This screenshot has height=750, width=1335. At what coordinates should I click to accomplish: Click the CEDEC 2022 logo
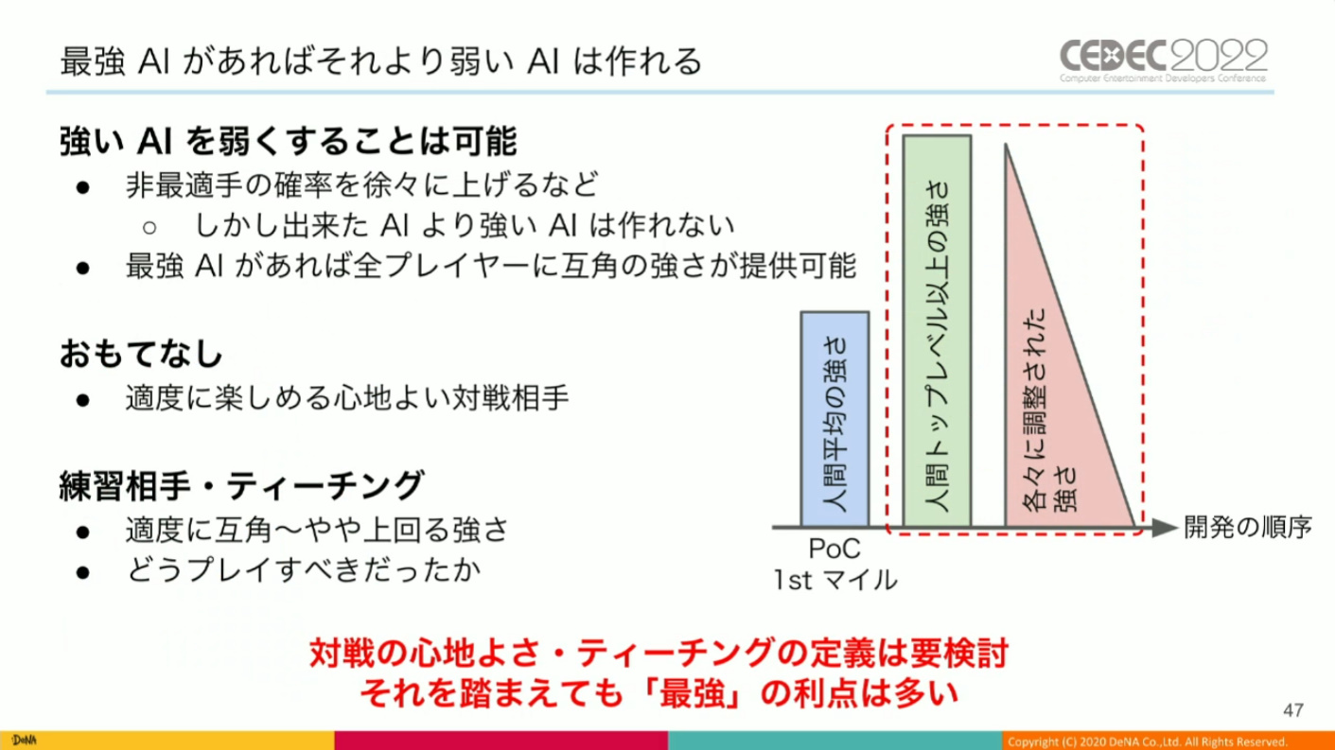click(1164, 61)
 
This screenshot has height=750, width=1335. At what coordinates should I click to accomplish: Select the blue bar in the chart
click(834, 419)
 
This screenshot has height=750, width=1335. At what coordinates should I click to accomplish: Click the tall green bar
click(937, 331)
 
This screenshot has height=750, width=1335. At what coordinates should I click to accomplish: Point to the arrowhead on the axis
click(1165, 527)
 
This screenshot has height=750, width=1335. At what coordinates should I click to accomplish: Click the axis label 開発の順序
click(1247, 527)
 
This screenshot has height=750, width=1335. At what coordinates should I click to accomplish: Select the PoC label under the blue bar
click(834, 549)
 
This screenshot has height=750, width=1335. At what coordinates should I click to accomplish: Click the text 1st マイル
click(835, 580)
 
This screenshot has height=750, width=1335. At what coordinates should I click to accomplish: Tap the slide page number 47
click(1293, 710)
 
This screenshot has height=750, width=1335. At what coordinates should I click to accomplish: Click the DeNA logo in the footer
click(24, 741)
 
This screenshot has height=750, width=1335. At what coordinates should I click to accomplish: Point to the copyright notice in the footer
click(1148, 741)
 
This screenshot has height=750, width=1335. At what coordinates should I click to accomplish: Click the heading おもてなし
click(141, 354)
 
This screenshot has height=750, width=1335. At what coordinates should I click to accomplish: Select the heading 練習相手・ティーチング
click(242, 485)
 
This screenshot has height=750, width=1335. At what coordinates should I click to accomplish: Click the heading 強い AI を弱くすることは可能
click(288, 142)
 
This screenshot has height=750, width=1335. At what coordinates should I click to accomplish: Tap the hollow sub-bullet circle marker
click(149, 228)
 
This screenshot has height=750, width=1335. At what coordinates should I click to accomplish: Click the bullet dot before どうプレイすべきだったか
click(83, 573)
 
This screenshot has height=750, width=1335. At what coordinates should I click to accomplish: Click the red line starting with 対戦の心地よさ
click(659, 654)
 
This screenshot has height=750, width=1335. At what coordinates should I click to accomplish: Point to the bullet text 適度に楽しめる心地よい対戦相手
click(347, 398)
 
